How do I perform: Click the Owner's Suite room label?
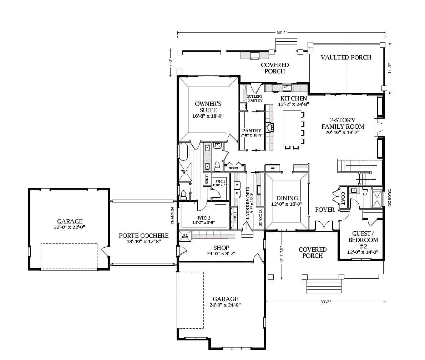pos(208,107)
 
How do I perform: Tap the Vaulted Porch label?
pos(346,57)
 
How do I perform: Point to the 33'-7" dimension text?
pos(326,302)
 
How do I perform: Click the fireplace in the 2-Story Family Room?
pos(379,127)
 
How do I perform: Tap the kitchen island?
pos(292,128)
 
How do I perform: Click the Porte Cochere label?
pos(143,236)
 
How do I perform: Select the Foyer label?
pos(325,210)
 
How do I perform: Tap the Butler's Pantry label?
pos(255,98)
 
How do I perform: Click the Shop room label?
pos(221,248)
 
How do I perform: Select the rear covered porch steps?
pos(286,45)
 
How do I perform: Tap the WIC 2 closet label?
pos(204,218)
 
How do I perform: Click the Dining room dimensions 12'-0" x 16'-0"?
pos(287,204)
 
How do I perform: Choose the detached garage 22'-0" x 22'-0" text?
pos(70,227)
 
